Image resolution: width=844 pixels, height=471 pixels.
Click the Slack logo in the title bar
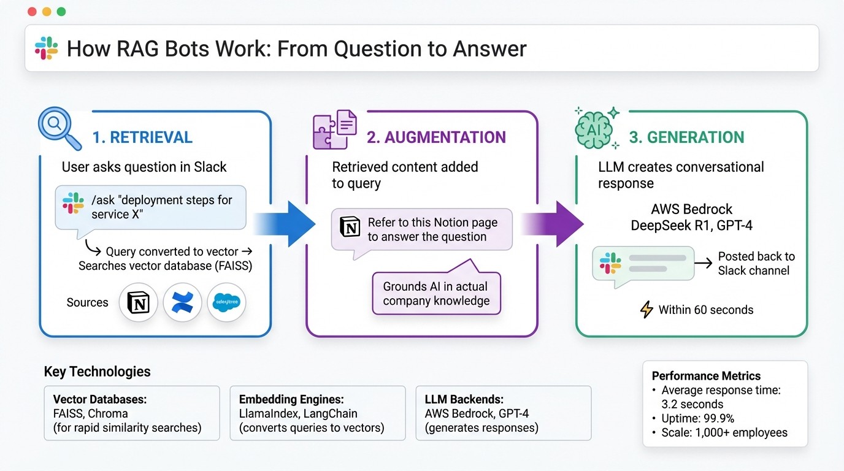[x=47, y=48]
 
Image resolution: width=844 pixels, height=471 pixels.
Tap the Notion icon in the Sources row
[x=138, y=302]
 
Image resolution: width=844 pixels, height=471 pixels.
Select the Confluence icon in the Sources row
[x=182, y=302]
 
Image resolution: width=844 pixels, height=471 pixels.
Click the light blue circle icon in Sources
[x=226, y=302]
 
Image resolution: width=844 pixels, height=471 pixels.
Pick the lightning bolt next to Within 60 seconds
[x=646, y=310]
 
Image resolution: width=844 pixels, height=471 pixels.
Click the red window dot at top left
[x=33, y=12]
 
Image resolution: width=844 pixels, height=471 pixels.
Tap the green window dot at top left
[x=61, y=12]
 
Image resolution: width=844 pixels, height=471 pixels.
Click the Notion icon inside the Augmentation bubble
[x=350, y=226]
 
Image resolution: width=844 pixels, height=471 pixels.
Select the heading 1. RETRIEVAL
[x=142, y=137]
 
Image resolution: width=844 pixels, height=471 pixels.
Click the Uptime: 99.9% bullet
[x=697, y=418]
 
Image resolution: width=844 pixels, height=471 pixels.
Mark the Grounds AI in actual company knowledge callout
[x=436, y=293]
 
